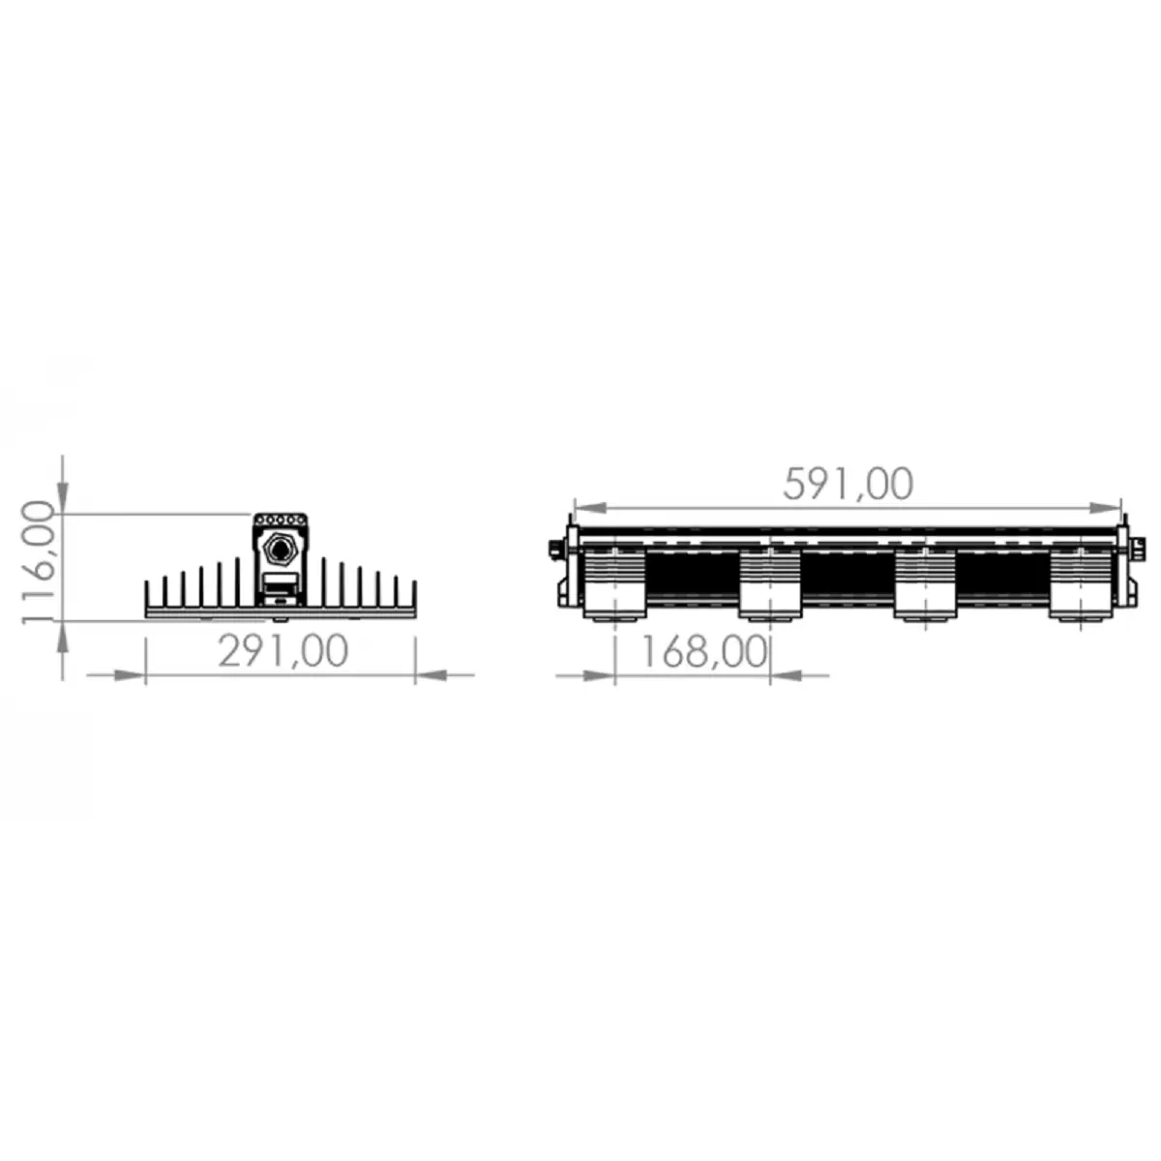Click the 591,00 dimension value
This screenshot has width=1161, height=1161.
click(x=848, y=484)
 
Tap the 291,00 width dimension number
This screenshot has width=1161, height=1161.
click(x=283, y=651)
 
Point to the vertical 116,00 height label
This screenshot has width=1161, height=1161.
click(x=37, y=564)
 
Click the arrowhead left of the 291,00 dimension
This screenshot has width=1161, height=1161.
click(x=131, y=675)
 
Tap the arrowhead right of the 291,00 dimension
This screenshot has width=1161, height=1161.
click(x=432, y=675)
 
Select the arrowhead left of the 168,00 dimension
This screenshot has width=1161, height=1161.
click(x=600, y=675)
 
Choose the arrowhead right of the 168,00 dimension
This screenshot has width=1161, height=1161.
click(x=786, y=675)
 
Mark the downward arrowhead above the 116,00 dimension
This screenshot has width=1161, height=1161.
click(x=63, y=498)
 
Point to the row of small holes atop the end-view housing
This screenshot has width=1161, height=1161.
click(x=281, y=521)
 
